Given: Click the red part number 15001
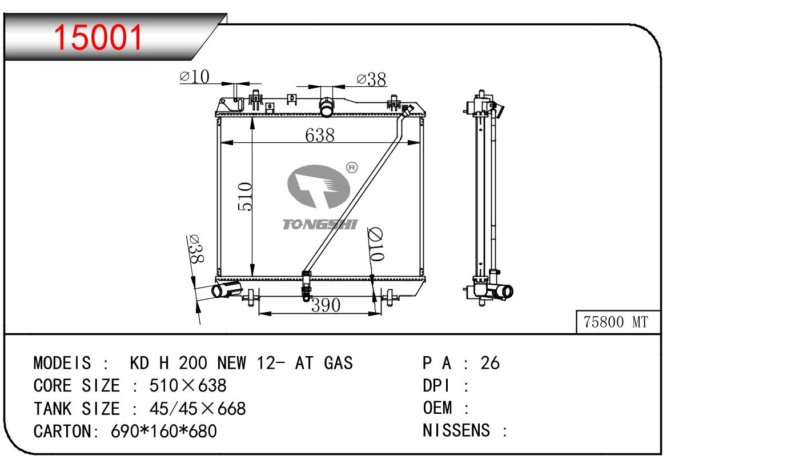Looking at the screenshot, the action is click(98, 37).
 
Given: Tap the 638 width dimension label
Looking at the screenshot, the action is click(320, 135).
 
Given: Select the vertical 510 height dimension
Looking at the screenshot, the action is click(245, 196).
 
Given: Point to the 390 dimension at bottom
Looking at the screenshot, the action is click(326, 305).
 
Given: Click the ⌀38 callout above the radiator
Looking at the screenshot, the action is click(371, 79).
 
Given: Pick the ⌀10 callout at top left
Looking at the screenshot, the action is click(194, 77).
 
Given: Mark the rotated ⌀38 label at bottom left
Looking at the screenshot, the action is click(195, 249).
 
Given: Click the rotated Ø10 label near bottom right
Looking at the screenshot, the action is click(376, 244).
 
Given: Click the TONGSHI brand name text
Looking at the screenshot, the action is click(320, 224).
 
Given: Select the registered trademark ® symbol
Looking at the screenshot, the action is click(352, 167).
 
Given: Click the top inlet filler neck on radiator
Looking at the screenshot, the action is click(326, 107).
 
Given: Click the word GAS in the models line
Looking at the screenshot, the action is click(338, 363).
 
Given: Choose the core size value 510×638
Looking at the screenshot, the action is click(188, 385).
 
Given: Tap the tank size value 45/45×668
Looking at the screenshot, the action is click(198, 409).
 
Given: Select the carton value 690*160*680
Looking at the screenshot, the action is click(164, 431).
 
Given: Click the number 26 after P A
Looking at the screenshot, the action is click(490, 363).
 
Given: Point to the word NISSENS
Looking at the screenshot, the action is click(456, 430).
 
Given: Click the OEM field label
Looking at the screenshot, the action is click(437, 408).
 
